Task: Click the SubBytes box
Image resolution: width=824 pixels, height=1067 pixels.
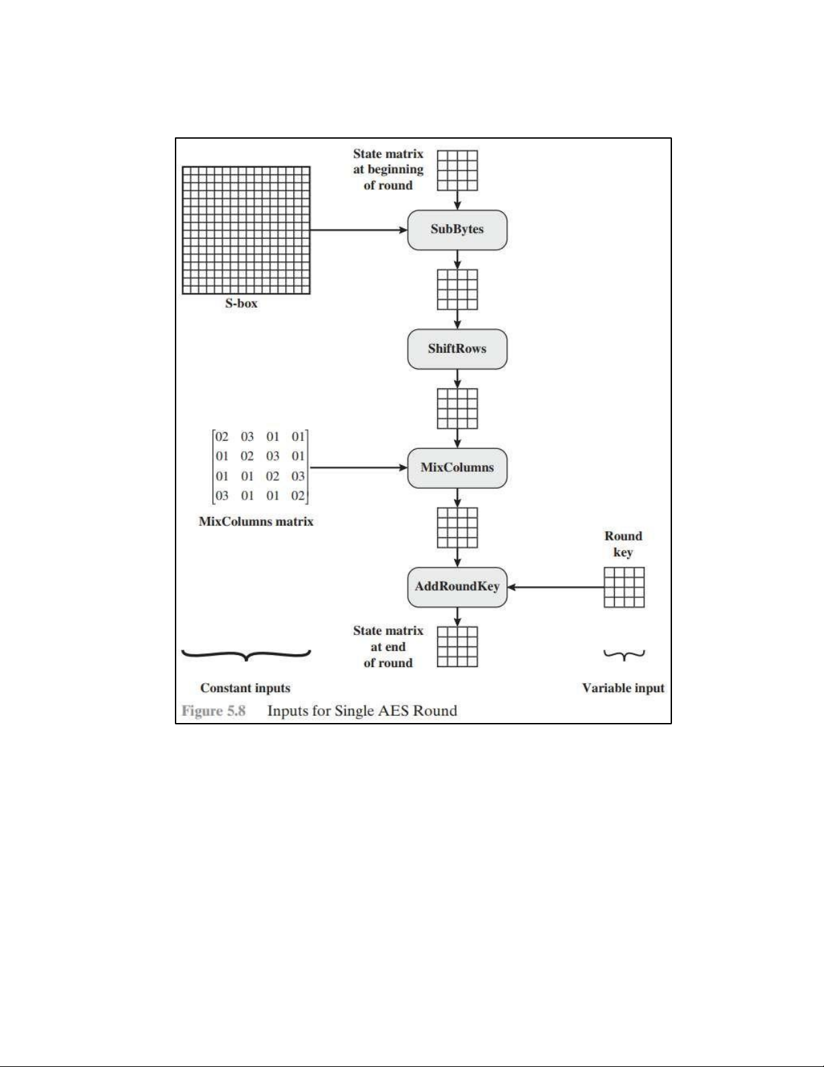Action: [457, 230]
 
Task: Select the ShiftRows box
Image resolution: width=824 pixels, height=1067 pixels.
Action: [457, 349]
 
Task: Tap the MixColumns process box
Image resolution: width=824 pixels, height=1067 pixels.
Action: [457, 467]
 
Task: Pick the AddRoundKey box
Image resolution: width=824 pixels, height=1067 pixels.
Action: [457, 586]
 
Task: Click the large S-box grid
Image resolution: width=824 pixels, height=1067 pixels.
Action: [246, 230]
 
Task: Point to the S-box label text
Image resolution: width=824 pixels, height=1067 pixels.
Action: [241, 304]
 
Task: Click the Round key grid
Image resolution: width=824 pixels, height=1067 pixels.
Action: [624, 587]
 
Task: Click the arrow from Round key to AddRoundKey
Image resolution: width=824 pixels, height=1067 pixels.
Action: [556, 587]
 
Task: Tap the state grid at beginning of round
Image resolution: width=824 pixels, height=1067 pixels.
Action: [457, 170]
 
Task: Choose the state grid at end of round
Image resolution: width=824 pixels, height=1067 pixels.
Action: [457, 646]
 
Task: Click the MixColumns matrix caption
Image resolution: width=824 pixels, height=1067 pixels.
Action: [256, 522]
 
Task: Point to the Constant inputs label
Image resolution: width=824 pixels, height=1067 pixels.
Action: [245, 688]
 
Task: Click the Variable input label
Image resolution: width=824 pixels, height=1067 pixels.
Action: [623, 688]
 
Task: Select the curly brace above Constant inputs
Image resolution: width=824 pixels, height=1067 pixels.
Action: [246, 654]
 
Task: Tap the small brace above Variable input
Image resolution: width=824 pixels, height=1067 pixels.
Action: [624, 654]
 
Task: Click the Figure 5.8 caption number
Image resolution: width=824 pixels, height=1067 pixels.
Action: [213, 711]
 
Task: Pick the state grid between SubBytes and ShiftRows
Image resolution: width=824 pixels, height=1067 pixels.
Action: [457, 289]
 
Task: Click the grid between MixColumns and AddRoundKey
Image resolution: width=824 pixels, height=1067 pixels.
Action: [457, 528]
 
